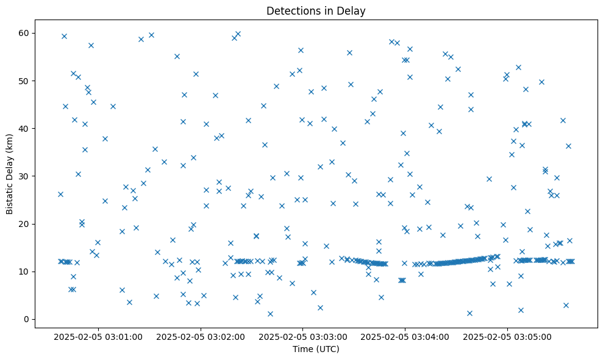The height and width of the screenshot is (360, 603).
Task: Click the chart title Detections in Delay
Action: pyautogui.click(x=316, y=10)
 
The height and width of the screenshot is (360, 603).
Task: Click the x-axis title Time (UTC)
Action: pyautogui.click(x=316, y=349)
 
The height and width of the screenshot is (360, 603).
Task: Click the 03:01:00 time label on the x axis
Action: pyautogui.click(x=98, y=336)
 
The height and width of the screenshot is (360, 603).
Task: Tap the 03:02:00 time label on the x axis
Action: pyautogui.click(x=200, y=336)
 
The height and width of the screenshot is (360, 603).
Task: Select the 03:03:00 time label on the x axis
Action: pyautogui.click(x=302, y=336)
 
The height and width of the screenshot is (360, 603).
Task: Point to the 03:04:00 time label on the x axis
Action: pyautogui.click(x=405, y=336)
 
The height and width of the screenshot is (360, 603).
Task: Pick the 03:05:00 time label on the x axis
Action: pyautogui.click(x=507, y=336)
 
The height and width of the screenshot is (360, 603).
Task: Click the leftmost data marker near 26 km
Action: pyautogui.click(x=60, y=194)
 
